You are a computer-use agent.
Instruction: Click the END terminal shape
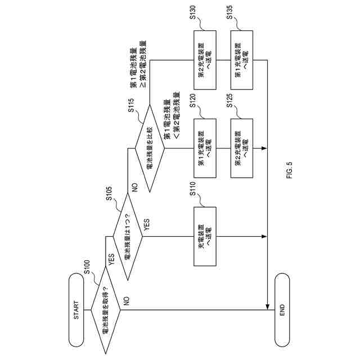282,310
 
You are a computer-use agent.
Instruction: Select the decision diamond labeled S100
105,311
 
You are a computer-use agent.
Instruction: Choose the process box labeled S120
205,148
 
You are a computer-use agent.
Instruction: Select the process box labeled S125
242,148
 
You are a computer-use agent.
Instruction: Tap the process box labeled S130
205,58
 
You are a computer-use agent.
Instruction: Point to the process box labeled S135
242,58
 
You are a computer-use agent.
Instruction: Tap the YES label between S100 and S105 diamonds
111,260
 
